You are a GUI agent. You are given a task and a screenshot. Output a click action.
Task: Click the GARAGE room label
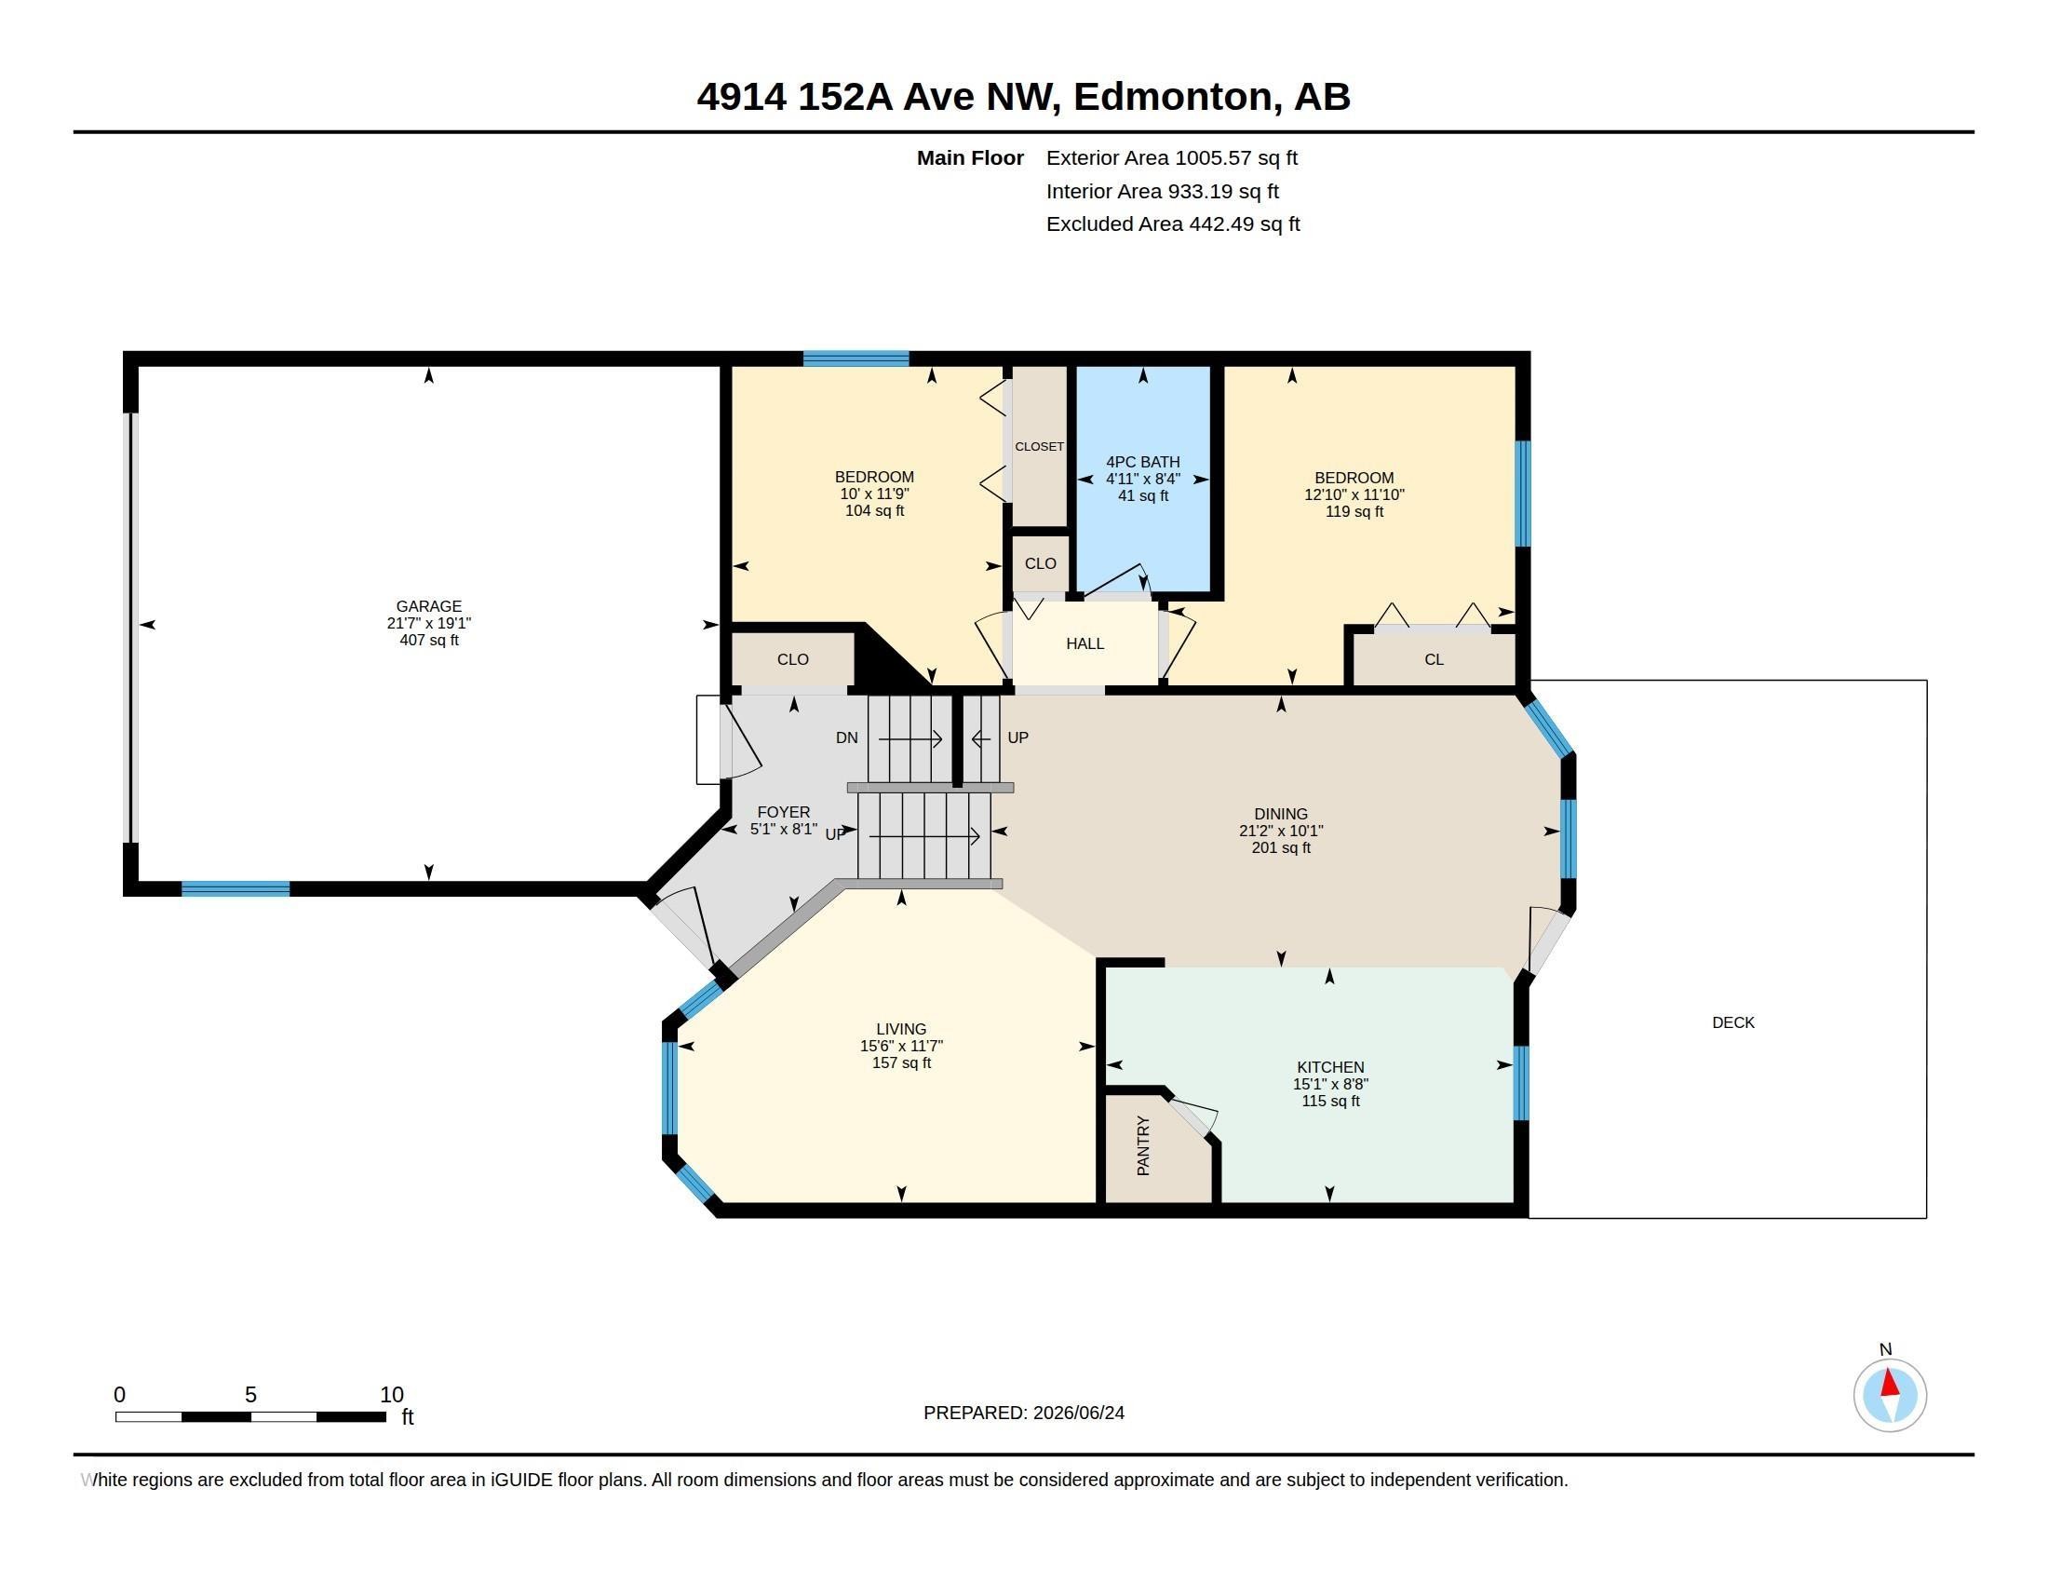pyautogui.click(x=428, y=606)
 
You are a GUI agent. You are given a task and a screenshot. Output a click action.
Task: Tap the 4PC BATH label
pyautogui.click(x=1142, y=461)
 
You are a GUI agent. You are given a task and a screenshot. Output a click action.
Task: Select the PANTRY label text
pyautogui.click(x=1143, y=1145)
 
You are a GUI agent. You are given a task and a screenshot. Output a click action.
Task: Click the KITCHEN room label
pyautogui.click(x=1329, y=1067)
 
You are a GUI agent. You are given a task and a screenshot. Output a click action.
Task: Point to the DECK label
pyautogui.click(x=1733, y=1022)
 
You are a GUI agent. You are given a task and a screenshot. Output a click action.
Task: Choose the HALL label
pyautogui.click(x=1085, y=643)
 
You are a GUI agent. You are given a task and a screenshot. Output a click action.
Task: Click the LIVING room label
pyautogui.click(x=901, y=1029)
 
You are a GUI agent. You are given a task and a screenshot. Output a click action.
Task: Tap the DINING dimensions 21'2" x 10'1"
pyautogui.click(x=1280, y=831)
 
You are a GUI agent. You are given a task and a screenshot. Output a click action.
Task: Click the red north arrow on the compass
pyautogui.click(x=1890, y=1383)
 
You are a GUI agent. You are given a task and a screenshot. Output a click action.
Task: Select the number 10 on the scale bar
pyautogui.click(x=392, y=1395)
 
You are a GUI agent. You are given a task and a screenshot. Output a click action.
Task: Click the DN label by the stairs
pyautogui.click(x=847, y=738)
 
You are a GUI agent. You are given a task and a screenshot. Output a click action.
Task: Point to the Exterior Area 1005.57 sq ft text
pyautogui.click(x=1171, y=157)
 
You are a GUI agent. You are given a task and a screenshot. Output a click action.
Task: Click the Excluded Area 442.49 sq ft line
pyautogui.click(x=1173, y=224)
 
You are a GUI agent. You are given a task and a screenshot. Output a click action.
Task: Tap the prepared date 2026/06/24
pyautogui.click(x=1078, y=1413)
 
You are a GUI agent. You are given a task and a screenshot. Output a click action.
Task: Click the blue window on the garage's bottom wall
pyautogui.click(x=236, y=889)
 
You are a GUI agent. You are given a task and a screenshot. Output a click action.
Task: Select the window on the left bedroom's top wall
pyautogui.click(x=856, y=359)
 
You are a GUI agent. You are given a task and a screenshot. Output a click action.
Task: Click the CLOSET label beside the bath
pyautogui.click(x=1039, y=446)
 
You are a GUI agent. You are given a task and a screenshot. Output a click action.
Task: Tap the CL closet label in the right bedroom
pyautogui.click(x=1434, y=659)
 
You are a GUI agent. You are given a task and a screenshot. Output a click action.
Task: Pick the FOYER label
pyautogui.click(x=783, y=812)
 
